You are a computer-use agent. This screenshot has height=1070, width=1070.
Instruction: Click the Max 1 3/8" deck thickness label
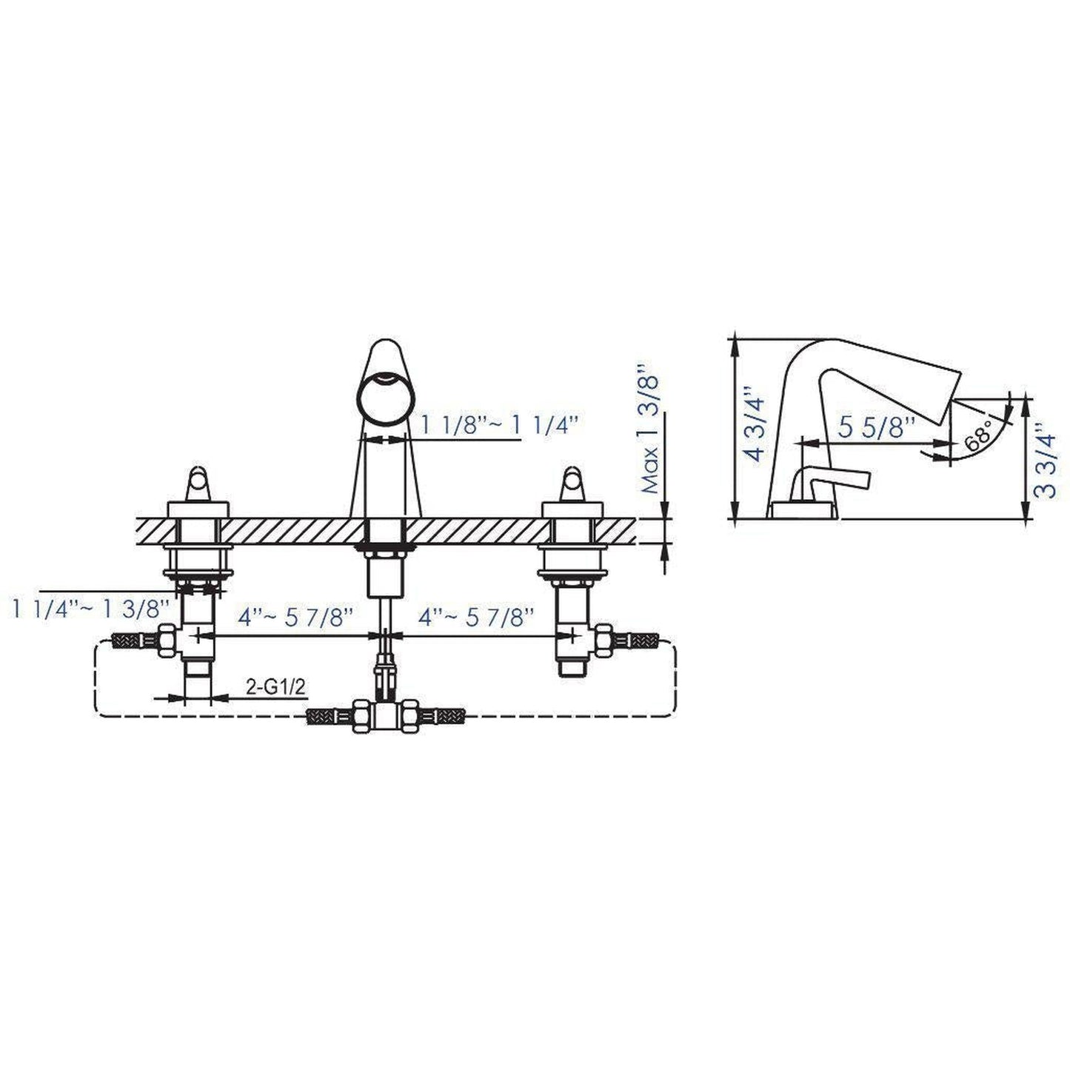[649, 429]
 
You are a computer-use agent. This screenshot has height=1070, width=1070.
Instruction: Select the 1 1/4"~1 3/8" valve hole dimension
[91, 609]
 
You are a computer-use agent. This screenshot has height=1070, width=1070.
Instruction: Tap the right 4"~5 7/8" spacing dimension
[477, 618]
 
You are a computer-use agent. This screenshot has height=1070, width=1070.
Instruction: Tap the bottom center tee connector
[385, 717]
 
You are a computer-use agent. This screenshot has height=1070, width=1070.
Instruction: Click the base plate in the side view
[804, 510]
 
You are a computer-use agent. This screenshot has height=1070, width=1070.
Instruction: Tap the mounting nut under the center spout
[385, 549]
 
